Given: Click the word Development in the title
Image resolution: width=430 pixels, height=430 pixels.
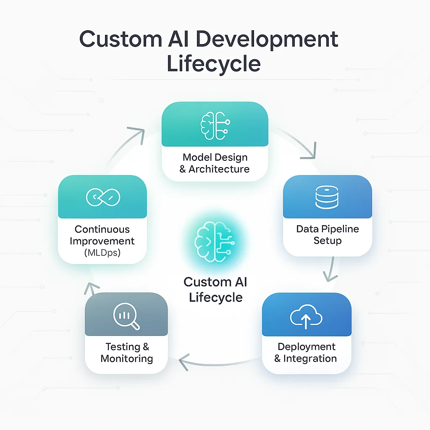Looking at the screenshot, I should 267,40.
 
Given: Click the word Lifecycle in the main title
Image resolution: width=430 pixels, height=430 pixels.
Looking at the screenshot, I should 214,64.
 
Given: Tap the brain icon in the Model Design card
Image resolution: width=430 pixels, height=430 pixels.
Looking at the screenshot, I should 215,124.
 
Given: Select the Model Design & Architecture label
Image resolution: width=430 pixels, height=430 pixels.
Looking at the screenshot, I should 215,163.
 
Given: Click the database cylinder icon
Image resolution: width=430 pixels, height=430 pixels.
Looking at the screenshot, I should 326,197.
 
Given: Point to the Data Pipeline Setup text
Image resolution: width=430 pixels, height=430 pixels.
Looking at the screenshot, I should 328,235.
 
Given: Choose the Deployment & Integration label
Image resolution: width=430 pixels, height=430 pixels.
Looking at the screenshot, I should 306,353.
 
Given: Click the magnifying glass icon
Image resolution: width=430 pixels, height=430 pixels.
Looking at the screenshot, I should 126,316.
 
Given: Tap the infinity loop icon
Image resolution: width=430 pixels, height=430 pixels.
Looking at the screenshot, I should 103,197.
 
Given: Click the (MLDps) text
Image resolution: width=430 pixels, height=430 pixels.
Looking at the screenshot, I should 102,253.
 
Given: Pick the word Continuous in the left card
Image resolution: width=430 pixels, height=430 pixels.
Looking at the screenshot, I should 102,229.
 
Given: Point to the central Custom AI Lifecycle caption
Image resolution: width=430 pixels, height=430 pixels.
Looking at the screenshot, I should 215,290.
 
